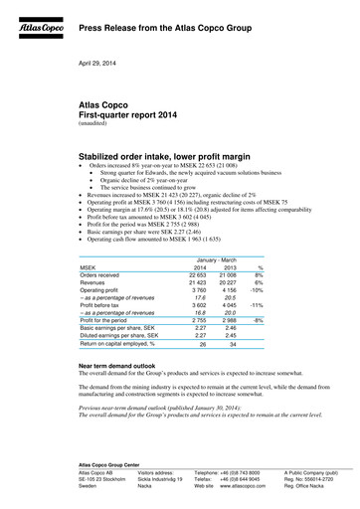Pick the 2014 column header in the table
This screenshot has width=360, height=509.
click(x=202, y=267)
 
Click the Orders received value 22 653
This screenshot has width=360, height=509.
click(x=200, y=277)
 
